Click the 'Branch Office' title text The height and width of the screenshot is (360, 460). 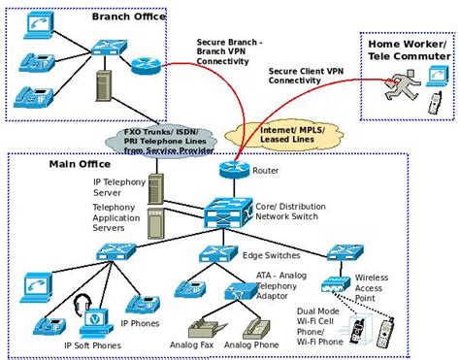(126, 16)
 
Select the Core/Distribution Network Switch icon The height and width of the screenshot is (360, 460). (229, 211)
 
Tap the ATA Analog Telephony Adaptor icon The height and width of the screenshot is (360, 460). (234, 291)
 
